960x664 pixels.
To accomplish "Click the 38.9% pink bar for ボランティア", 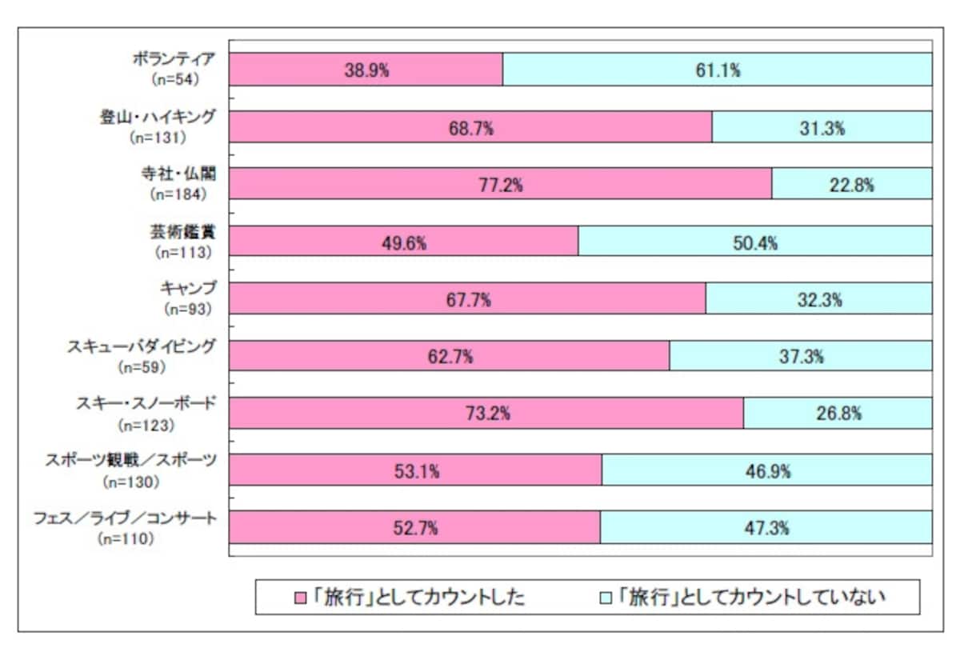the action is (x=366, y=70).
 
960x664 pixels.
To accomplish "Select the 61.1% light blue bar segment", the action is (x=718, y=70).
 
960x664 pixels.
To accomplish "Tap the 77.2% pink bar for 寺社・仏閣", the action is (x=501, y=183).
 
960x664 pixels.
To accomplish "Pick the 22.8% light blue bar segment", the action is (x=853, y=183).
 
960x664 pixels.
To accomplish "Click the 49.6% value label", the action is (x=404, y=243).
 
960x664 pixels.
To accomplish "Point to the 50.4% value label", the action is (x=755, y=243).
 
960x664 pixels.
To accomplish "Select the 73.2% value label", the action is (x=488, y=414).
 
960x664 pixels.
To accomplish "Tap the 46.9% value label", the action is (x=768, y=471).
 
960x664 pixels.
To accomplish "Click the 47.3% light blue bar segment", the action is (x=766, y=527).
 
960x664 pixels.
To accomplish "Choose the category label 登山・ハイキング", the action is (x=158, y=117).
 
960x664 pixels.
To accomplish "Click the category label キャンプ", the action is (x=188, y=288).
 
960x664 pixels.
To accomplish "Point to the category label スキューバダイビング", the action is (x=141, y=346).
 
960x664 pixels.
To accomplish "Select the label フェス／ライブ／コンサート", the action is (x=125, y=518).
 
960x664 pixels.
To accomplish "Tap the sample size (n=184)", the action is (x=178, y=194).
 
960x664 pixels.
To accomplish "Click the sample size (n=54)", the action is (x=176, y=79).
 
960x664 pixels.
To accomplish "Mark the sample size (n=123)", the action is (x=146, y=426).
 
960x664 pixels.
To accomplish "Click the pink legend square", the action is (x=301, y=598).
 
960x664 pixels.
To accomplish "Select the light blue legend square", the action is (x=605, y=598).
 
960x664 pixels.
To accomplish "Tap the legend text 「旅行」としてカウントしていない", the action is (x=752, y=597).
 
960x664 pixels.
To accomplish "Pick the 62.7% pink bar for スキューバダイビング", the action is (x=449, y=356).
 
